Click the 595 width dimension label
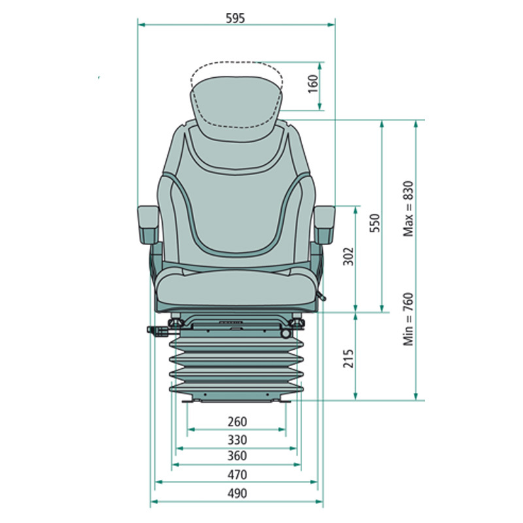tap(235, 18)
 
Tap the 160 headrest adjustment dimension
tap(313, 84)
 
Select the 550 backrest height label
tap(375, 223)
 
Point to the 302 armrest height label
tap(348, 256)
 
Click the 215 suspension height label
tap(348, 358)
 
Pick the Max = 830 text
tap(409, 209)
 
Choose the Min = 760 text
tap(409, 319)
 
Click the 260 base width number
tap(237, 422)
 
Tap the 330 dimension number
tap(237, 440)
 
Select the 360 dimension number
tap(237, 456)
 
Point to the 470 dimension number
tap(237, 475)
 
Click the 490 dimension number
tap(237, 494)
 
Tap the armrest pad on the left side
tap(148, 224)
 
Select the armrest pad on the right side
tap(324, 224)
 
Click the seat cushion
tap(236, 288)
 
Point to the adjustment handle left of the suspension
tap(158, 331)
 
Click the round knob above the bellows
tap(286, 333)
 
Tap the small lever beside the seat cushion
tap(321, 295)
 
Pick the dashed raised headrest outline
tap(237, 95)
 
